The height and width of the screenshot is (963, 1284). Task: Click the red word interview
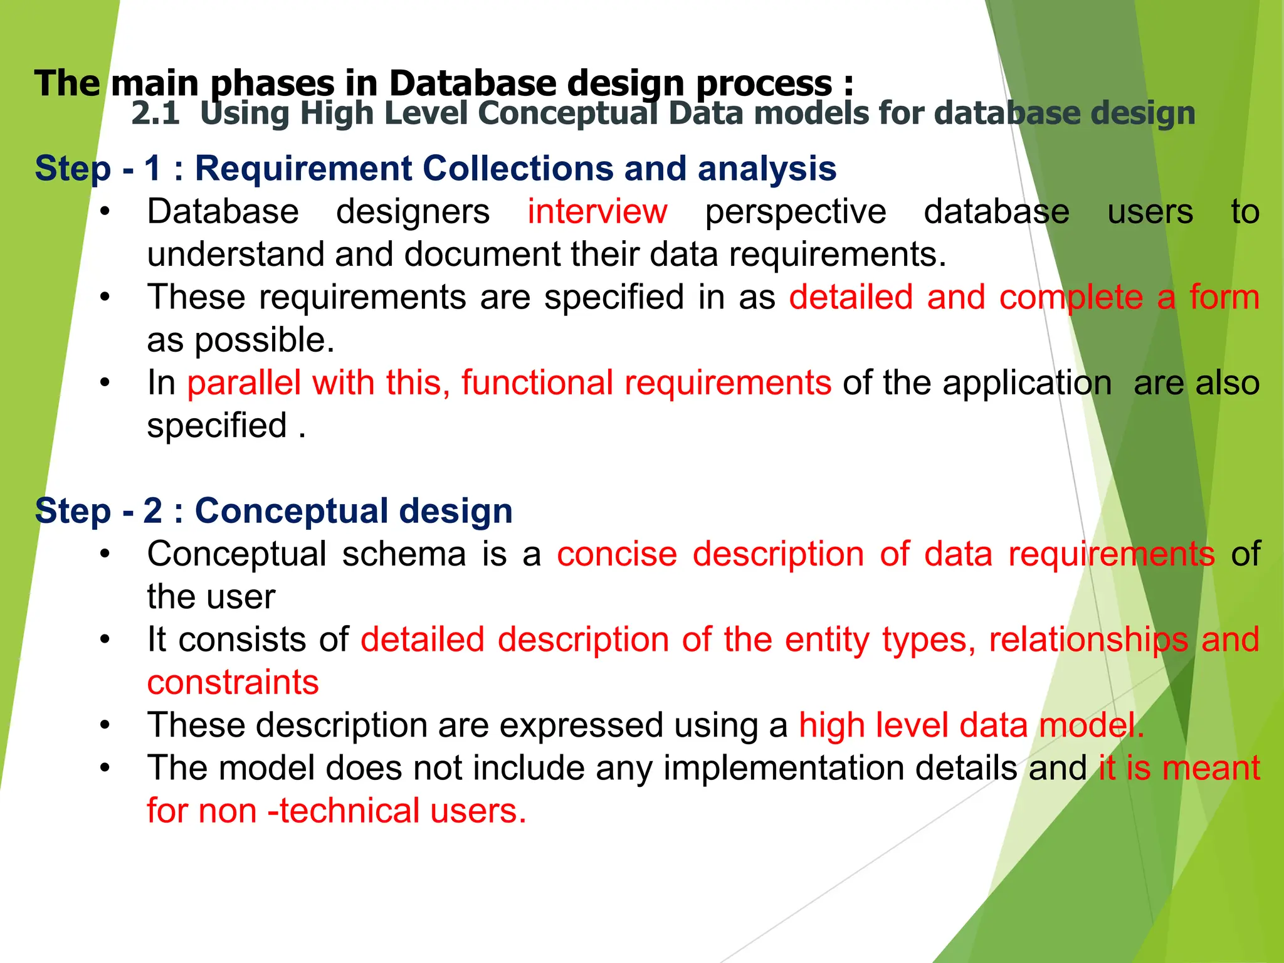(x=597, y=211)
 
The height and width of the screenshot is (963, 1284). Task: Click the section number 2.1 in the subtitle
(x=155, y=113)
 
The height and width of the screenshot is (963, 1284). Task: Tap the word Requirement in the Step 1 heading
(x=303, y=168)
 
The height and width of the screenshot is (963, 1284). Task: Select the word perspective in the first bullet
(x=795, y=211)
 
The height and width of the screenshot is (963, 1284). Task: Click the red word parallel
(x=243, y=382)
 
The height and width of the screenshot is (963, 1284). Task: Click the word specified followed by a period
(x=217, y=426)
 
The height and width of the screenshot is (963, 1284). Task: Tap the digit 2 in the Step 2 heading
(x=152, y=510)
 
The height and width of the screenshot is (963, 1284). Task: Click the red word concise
(x=617, y=554)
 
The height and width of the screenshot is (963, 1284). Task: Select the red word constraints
(x=233, y=682)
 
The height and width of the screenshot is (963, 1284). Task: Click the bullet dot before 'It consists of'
(x=105, y=640)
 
